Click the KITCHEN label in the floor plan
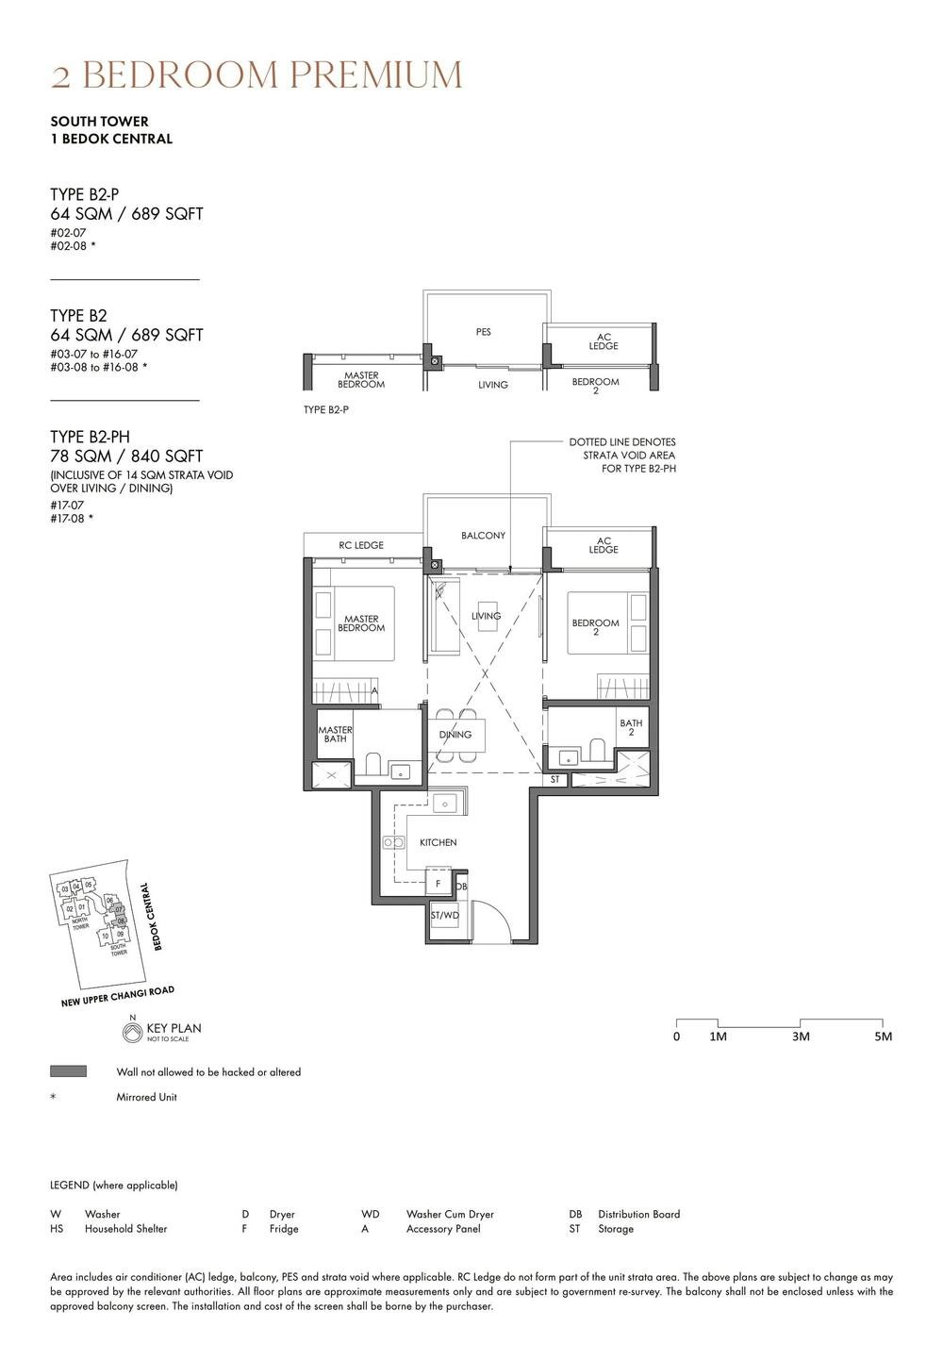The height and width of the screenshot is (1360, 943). click(x=438, y=842)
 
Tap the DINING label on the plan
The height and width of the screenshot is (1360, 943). click(x=455, y=735)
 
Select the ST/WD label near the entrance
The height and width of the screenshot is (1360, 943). click(x=445, y=916)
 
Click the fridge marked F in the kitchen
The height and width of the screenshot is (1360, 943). click(x=438, y=884)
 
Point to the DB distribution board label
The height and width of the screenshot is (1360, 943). click(x=461, y=887)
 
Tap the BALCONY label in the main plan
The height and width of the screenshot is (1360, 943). click(x=483, y=536)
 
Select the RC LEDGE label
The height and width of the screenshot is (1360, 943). click(x=361, y=545)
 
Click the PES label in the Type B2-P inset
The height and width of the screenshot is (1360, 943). click(x=483, y=332)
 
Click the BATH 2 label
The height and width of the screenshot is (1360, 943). click(x=631, y=728)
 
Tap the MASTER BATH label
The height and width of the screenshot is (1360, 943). click(x=335, y=734)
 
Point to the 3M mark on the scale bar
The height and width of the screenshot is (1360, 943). click(x=801, y=1037)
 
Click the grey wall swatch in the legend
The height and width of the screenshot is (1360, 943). click(x=68, y=1071)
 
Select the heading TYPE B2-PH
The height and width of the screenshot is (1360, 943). click(x=90, y=437)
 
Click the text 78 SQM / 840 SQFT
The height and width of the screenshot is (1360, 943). click(x=126, y=456)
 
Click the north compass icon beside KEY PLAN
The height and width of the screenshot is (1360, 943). click(x=132, y=1033)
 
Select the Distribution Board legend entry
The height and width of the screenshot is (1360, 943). click(x=638, y=1214)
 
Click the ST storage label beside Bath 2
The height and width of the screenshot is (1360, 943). click(x=555, y=780)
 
